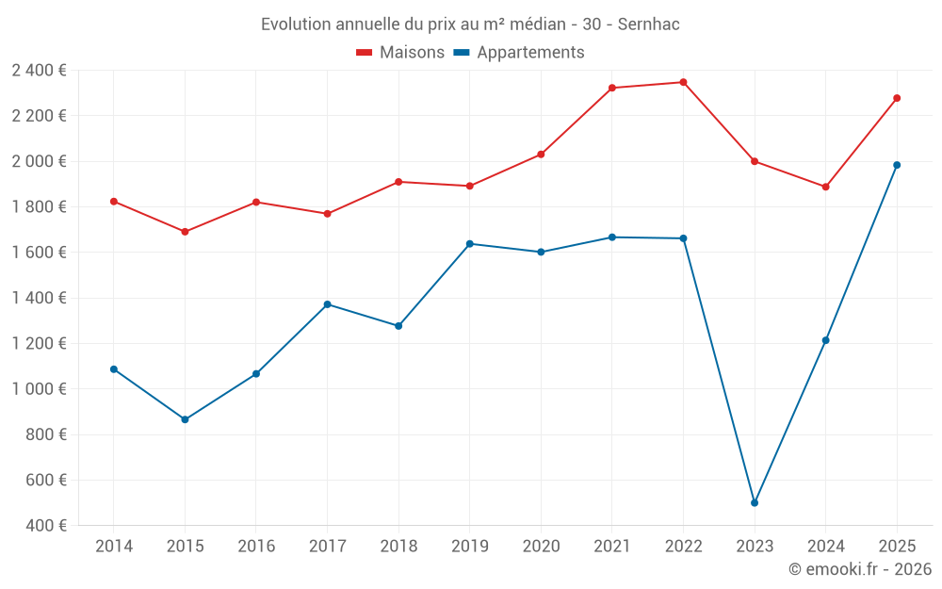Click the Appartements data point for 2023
click(755, 502)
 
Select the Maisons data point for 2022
click(683, 82)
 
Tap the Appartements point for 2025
click(897, 165)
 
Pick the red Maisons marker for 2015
click(185, 232)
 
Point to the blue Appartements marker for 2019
click(470, 244)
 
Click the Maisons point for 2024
click(825, 187)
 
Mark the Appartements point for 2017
click(327, 304)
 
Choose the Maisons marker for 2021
click(612, 88)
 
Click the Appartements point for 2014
click(114, 369)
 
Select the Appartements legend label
click(530, 53)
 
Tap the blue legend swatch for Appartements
click(462, 53)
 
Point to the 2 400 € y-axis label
click(39, 71)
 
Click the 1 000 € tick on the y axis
click(39, 389)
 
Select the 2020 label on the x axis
click(541, 547)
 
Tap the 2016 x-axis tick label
click(256, 547)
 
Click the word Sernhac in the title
click(648, 25)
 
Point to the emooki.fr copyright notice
click(859, 569)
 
